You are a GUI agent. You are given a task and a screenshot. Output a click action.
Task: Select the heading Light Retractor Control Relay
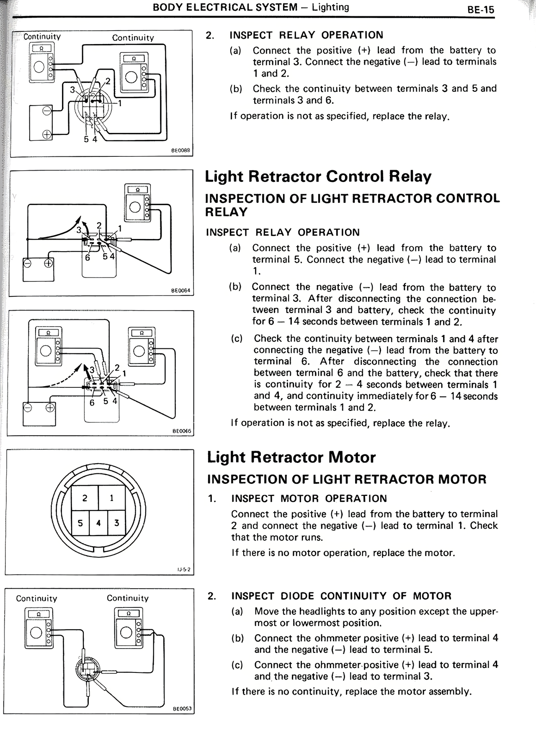[x=318, y=176]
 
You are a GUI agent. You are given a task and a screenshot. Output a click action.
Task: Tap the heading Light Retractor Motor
[x=291, y=457]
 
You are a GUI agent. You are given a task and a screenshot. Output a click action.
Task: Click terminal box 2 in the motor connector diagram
[x=85, y=498]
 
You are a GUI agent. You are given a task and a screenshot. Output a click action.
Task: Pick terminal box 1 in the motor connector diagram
[x=112, y=498]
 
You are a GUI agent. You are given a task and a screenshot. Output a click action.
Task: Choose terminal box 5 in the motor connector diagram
[x=80, y=523]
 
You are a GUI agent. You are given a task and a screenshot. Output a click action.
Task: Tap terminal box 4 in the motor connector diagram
[x=98, y=523]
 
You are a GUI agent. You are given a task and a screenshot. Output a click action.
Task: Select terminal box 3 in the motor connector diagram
[x=116, y=523]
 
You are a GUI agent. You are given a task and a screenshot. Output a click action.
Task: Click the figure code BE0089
[x=180, y=150]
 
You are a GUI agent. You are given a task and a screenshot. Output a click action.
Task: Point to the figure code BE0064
[x=180, y=290]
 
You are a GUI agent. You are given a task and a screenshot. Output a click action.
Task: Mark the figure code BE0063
[x=182, y=709]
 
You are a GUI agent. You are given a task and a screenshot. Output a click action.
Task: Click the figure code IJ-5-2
[x=184, y=569]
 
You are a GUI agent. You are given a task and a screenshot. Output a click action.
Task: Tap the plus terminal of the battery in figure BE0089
[x=46, y=134]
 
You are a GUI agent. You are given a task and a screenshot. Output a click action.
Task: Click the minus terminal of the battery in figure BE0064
[x=28, y=263]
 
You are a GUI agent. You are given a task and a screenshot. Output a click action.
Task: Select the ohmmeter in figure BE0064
[x=137, y=202]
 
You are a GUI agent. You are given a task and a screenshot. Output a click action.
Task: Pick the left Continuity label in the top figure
[x=42, y=36]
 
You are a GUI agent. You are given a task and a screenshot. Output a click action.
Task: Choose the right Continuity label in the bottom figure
[x=128, y=598]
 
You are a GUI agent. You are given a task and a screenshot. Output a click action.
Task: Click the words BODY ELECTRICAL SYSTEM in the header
[x=225, y=7]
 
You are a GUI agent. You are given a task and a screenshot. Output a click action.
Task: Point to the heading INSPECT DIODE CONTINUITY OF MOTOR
[x=341, y=596]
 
